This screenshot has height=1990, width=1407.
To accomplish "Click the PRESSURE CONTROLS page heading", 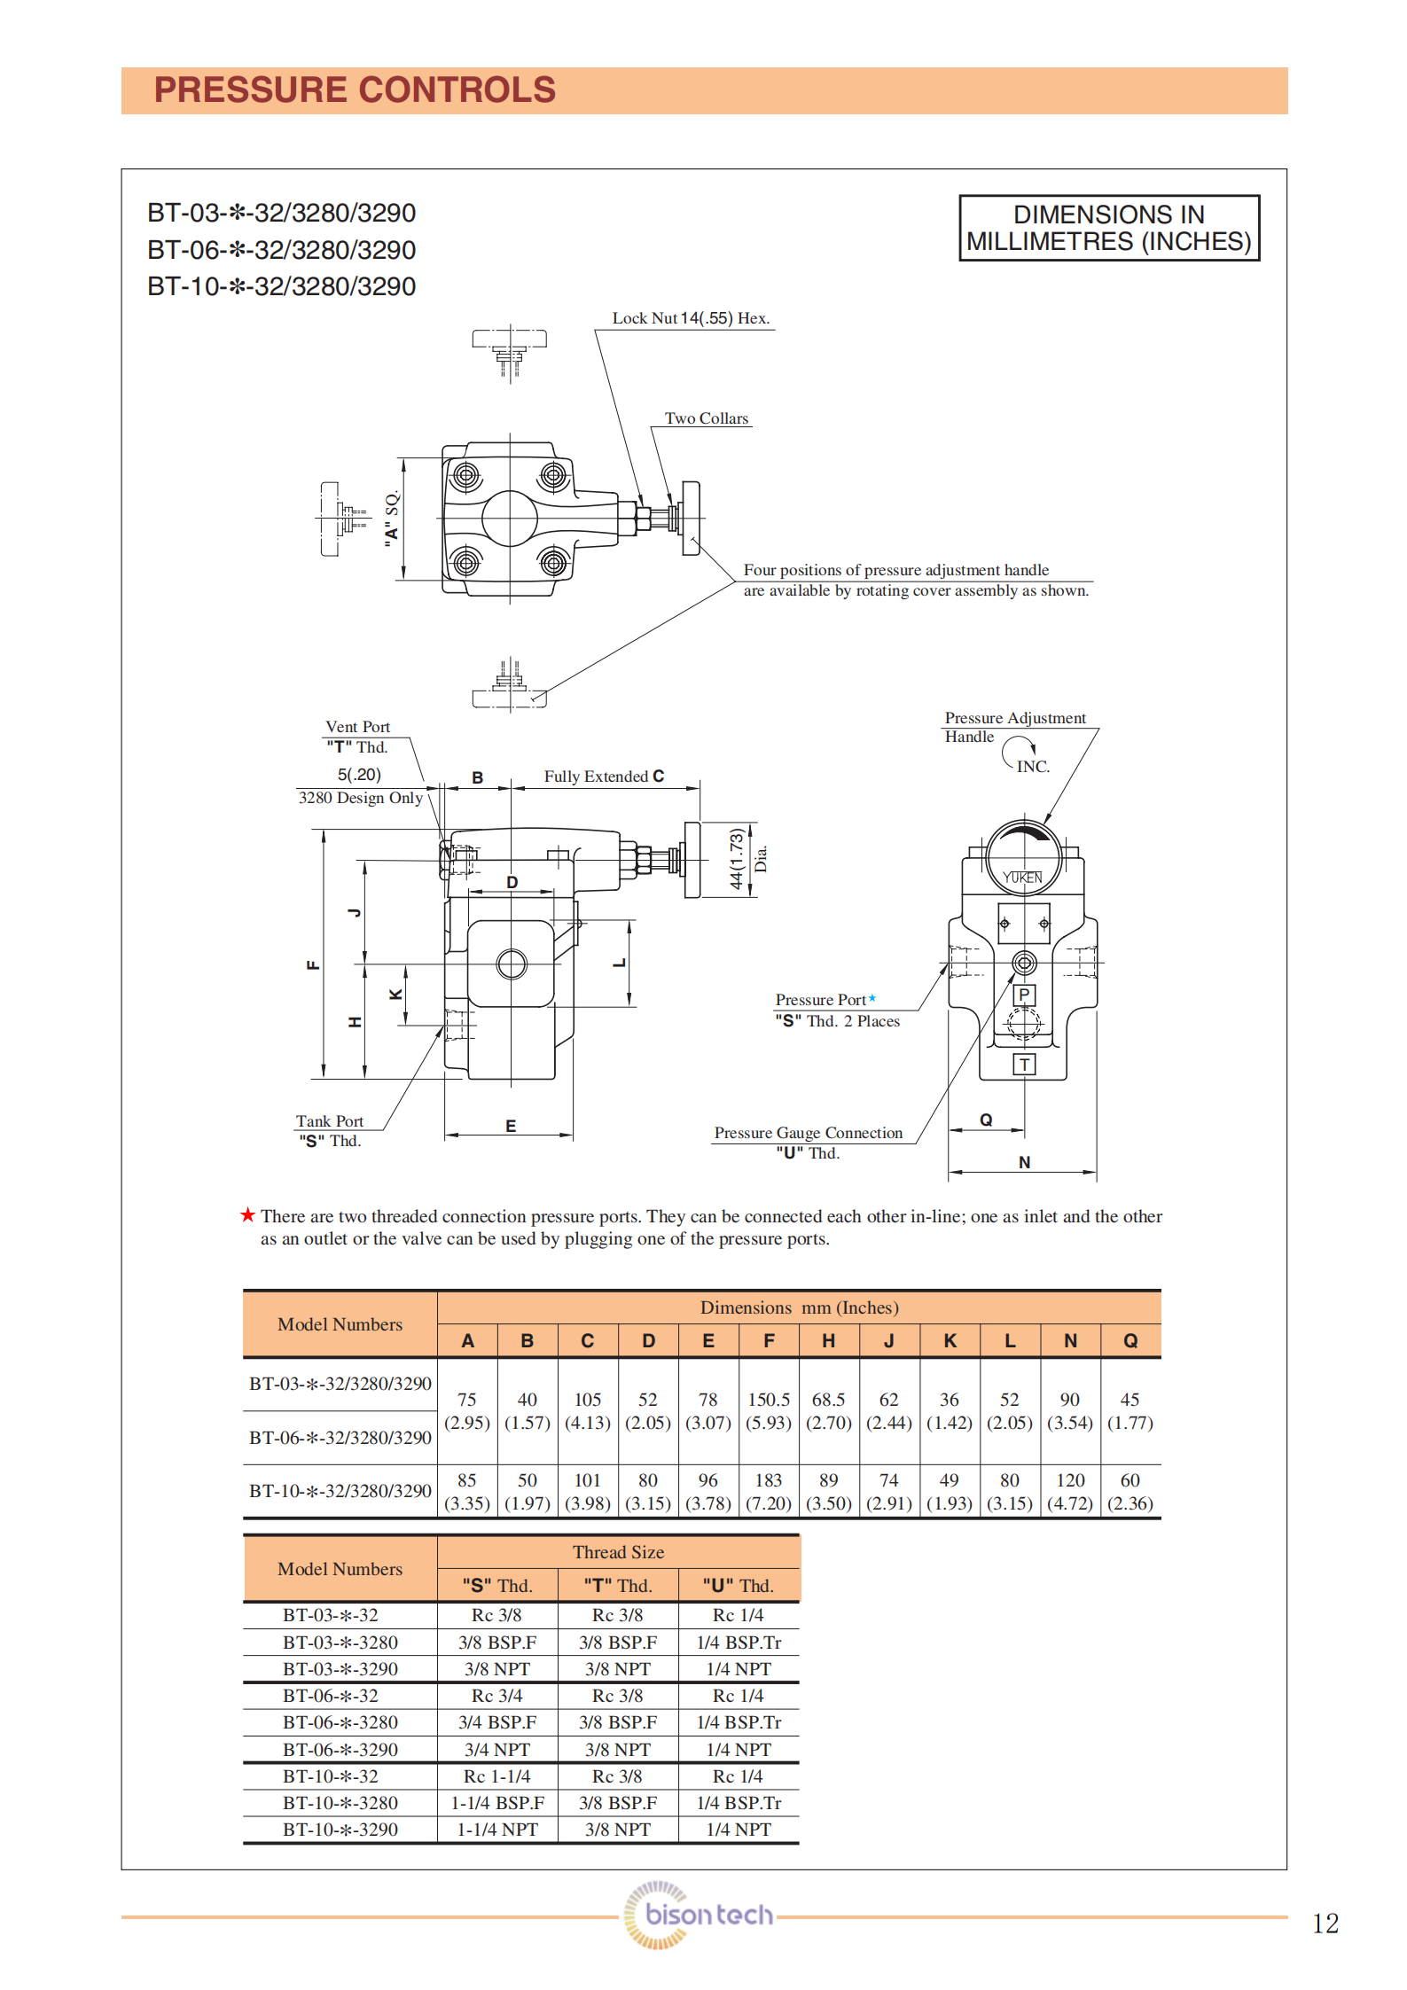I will coord(355,90).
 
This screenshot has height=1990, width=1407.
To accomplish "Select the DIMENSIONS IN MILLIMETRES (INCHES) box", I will coord(1108,228).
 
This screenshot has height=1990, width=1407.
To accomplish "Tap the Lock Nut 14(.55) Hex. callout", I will coord(691,318).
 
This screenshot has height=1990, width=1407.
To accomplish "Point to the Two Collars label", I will coord(706,418).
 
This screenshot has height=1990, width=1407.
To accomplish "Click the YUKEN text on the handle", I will coord(1022,878).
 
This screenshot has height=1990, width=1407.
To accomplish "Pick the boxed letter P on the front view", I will coord(1024,995).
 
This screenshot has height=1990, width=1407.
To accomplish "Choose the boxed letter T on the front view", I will coord(1024,1065).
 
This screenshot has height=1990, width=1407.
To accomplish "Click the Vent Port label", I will coord(357,727).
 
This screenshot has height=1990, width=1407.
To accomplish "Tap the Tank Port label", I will coord(329,1121).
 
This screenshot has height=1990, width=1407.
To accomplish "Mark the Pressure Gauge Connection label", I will coord(808,1133).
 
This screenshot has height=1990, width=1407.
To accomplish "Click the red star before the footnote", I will coord(248,1215).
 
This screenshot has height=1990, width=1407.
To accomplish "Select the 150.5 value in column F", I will coord(768,1400).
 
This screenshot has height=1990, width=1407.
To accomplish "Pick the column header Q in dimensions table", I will coord(1130,1341).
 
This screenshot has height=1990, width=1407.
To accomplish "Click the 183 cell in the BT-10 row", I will coord(768,1480).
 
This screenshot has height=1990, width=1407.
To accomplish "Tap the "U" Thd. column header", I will coord(738,1586).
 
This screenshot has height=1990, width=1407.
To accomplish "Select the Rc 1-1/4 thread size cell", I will coord(496,1776).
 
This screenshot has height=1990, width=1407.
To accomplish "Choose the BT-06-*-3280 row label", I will coord(340,1722).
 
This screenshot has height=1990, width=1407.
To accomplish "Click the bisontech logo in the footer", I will coord(700,1915).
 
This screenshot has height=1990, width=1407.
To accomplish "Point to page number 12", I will coord(1325,1924).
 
